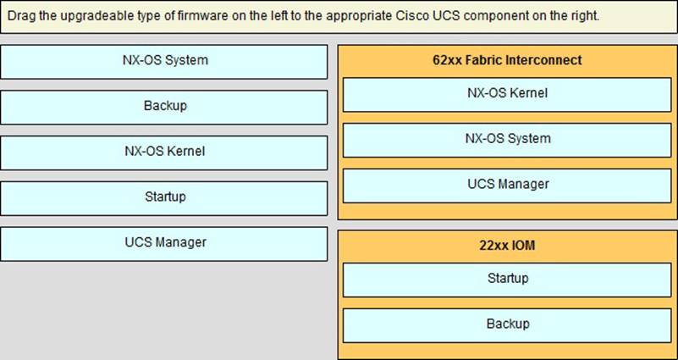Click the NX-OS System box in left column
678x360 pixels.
[164, 62]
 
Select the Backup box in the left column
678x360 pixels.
[164, 108]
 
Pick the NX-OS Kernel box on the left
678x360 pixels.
[164, 152]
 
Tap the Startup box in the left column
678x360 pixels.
[164, 198]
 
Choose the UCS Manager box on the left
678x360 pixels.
[164, 244]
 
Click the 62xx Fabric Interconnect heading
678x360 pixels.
[507, 60]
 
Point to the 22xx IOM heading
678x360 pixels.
[507, 246]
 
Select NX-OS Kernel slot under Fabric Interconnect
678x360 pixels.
[507, 95]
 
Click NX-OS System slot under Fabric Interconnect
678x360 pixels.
[507, 141]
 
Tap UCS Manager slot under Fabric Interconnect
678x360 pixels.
[507, 186]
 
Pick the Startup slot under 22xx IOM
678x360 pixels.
[507, 280]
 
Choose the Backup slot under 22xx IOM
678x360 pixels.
[507, 325]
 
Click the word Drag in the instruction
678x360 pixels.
[19, 16]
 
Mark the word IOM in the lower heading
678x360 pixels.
[523, 246]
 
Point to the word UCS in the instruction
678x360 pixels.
[444, 16]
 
